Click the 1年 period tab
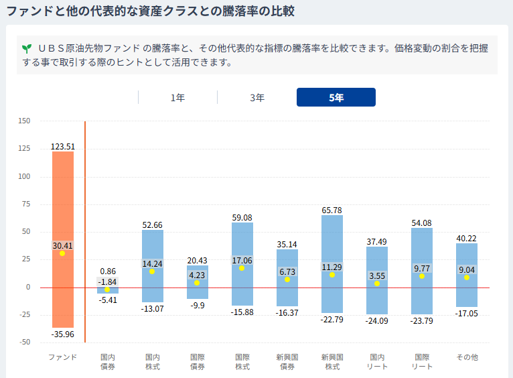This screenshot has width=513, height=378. pos(177,98)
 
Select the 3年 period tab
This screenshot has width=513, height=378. pos(257,98)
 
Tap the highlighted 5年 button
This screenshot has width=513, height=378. pos(336,97)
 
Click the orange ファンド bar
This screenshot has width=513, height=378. pos(63,239)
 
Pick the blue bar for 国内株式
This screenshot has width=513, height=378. pos(153,266)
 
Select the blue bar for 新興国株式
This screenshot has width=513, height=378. pos(332,264)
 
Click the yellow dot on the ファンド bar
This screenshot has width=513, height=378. pos(62,253)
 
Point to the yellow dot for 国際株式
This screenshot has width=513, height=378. pos(242,268)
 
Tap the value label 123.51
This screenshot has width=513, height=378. pos(63,146)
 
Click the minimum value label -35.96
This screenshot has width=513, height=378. pos(62,334)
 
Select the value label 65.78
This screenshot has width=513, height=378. pos(332,210)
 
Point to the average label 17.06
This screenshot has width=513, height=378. pos(242,261)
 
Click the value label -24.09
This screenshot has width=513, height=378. pos(376,321)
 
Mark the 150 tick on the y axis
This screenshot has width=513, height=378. pos(24,121)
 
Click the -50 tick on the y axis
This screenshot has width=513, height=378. pos(25,342)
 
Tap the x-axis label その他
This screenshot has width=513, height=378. pos(467,357)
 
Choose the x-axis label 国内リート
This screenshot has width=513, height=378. pos(377,362)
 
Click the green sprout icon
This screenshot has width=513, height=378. pos(27,49)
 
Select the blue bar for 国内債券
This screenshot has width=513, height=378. pos(108,290)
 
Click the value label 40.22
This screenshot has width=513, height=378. pos(467,238)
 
